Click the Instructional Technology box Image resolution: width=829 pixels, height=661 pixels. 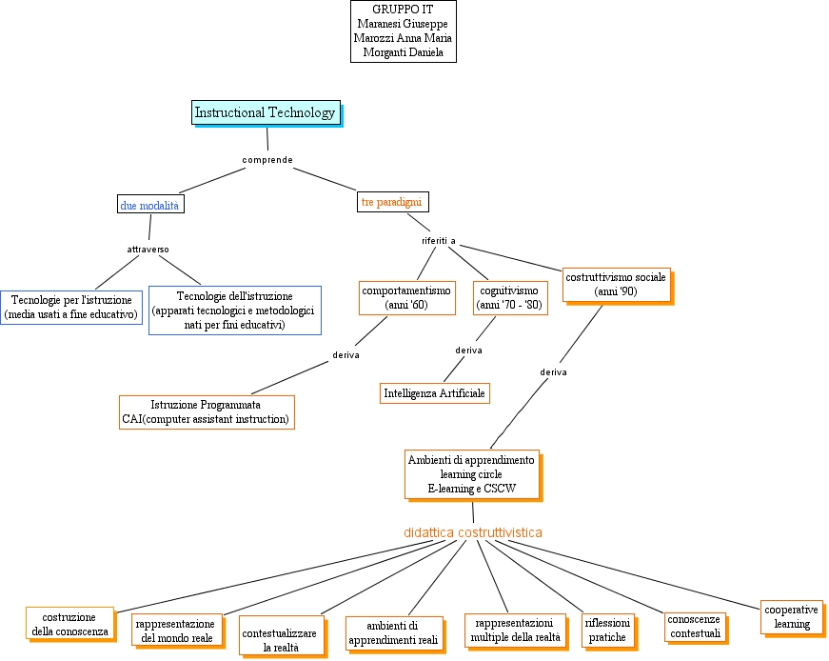265,112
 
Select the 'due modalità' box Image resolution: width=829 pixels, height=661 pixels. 149,205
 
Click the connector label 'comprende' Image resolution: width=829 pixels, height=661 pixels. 266,159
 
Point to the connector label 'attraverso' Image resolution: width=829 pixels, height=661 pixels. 148,250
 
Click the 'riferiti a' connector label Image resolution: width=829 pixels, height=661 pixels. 439,240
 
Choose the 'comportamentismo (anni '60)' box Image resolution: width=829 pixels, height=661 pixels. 406,297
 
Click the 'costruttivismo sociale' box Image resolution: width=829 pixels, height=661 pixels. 615,284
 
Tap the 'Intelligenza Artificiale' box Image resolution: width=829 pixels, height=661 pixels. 434,392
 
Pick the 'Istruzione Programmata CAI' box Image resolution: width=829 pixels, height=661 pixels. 206,411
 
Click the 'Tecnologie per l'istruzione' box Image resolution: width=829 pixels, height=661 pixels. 71,308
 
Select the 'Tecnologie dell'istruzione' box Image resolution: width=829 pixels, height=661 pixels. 234,311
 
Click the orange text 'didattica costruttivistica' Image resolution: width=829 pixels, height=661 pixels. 473,532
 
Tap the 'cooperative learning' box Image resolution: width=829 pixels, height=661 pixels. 791,617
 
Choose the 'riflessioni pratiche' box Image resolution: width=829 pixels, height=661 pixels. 607,630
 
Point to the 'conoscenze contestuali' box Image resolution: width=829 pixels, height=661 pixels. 695,626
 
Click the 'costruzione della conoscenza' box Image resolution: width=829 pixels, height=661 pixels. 69,624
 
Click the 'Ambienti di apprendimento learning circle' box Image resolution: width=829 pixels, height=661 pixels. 471,474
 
